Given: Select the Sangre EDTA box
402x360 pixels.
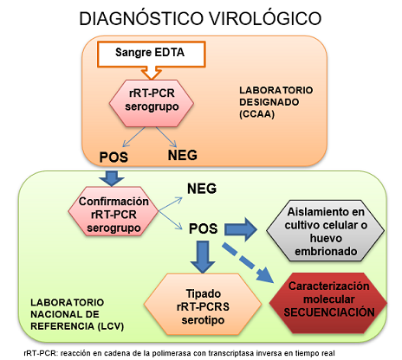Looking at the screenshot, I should (x=151, y=55).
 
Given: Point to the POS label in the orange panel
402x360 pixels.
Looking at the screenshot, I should (x=114, y=157).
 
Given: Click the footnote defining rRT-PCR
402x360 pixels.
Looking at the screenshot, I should (x=196, y=352).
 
